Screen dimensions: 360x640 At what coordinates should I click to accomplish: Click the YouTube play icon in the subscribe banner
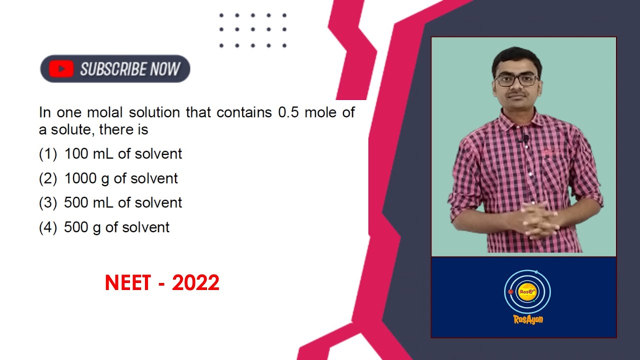[61, 69]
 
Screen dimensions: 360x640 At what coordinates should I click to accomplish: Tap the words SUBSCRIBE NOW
[130, 69]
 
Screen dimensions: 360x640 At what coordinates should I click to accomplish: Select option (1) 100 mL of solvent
[110, 154]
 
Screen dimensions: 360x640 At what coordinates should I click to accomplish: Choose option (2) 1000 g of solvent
[108, 178]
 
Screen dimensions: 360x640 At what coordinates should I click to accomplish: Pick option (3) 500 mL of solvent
[110, 203]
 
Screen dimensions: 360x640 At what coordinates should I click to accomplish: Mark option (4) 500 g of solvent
[104, 227]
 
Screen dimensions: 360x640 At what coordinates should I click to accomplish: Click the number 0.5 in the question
[288, 112]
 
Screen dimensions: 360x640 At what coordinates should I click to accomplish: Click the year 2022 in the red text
[195, 283]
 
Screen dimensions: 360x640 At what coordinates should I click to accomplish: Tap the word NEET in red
[127, 283]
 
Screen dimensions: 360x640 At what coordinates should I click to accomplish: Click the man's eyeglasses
[516, 80]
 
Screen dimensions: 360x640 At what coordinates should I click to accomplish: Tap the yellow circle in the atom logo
[527, 291]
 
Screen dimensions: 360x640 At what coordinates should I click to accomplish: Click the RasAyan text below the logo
[528, 319]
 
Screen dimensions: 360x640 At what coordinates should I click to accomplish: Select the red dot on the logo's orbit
[510, 291]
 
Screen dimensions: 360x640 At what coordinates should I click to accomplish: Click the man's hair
[516, 57]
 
